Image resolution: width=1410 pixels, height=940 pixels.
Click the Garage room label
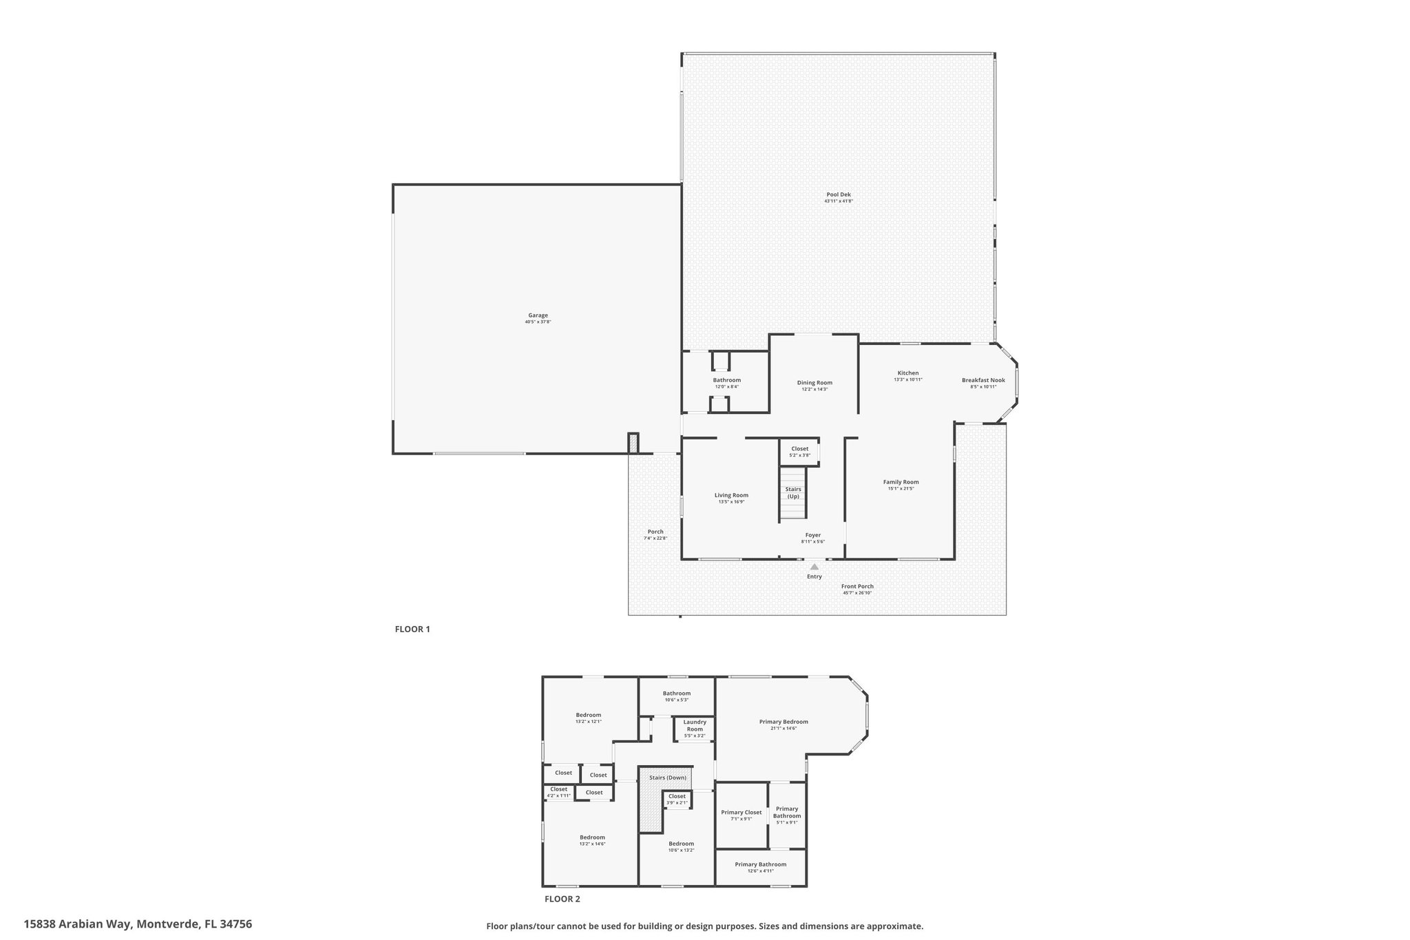pyautogui.click(x=538, y=315)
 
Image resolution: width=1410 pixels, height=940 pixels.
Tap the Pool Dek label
pyautogui.click(x=839, y=194)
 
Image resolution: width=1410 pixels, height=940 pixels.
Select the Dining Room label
pyautogui.click(x=814, y=383)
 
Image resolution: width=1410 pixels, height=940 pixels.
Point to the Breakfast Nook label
pyautogui.click(x=983, y=380)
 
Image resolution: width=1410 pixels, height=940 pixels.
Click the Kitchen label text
pyautogui.click(x=908, y=373)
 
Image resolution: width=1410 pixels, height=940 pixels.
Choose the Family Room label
pyautogui.click(x=901, y=482)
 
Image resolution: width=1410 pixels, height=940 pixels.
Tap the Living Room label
pyautogui.click(x=731, y=495)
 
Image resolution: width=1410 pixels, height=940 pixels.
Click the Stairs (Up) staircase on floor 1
pyautogui.click(x=792, y=493)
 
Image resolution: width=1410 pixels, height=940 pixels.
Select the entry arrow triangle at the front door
pyautogui.click(x=814, y=567)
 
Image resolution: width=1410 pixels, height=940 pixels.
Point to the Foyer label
pyautogui.click(x=813, y=535)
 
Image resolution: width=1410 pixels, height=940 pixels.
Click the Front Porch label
pyautogui.click(x=857, y=587)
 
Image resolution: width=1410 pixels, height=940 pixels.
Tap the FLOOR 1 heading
pyautogui.click(x=412, y=629)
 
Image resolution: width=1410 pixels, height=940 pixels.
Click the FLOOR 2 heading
pyautogui.click(x=562, y=899)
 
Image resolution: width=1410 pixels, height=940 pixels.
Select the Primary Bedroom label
pyautogui.click(x=783, y=722)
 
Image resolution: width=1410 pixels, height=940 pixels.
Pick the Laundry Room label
pyautogui.click(x=695, y=726)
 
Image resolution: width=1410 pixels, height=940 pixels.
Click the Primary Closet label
pyautogui.click(x=741, y=813)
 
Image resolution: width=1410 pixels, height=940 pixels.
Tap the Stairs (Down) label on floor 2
pyautogui.click(x=668, y=777)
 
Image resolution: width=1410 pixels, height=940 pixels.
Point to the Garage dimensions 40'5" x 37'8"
pyautogui.click(x=538, y=322)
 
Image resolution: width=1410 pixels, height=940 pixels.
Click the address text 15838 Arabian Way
pyautogui.click(x=78, y=924)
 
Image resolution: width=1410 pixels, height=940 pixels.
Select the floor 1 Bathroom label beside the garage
pyautogui.click(x=726, y=380)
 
